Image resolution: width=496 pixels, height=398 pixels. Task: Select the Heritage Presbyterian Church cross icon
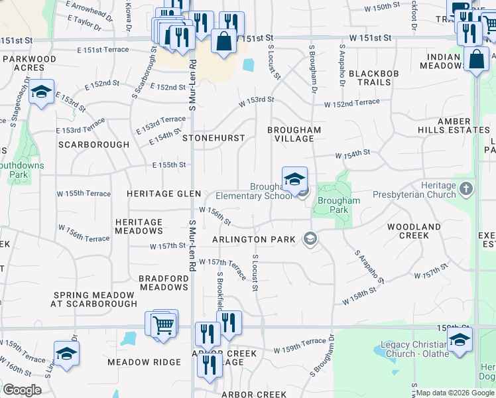click(x=465, y=188)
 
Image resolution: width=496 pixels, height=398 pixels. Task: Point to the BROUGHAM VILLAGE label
click(x=294, y=134)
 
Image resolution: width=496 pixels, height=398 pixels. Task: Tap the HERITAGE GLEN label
click(x=164, y=193)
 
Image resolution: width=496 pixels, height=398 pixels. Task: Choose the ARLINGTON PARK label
click(x=254, y=239)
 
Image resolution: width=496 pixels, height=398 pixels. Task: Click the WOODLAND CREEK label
click(x=414, y=231)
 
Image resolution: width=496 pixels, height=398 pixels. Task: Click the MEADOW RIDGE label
click(x=144, y=362)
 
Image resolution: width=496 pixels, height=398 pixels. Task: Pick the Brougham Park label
click(x=339, y=204)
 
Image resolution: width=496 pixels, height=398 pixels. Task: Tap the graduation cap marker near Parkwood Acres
click(x=41, y=93)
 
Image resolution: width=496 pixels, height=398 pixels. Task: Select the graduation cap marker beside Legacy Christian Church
click(x=460, y=341)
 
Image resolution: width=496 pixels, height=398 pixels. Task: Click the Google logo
click(x=23, y=390)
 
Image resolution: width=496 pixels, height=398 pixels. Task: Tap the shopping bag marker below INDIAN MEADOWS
click(x=477, y=59)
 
